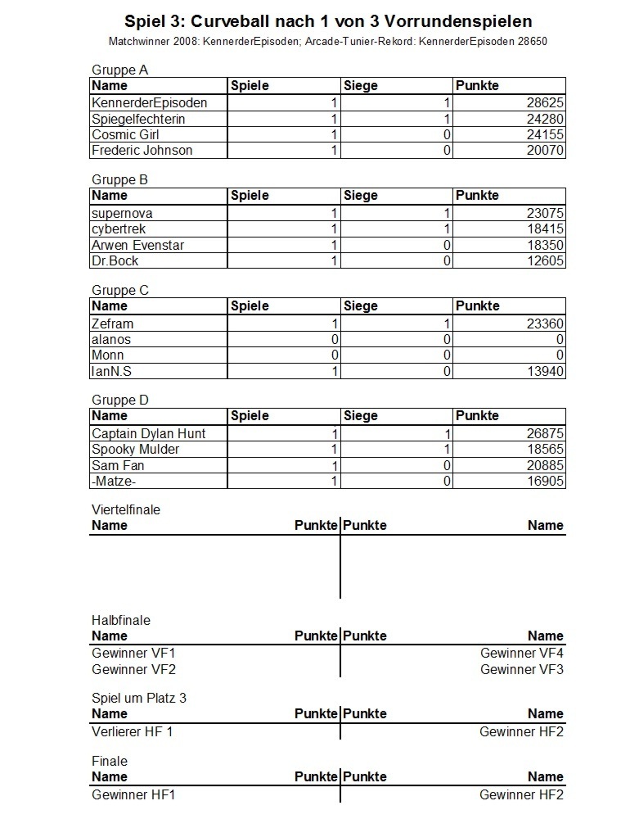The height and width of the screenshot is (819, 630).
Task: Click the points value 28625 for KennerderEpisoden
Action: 544,103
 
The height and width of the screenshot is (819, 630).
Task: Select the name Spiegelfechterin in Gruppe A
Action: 138,119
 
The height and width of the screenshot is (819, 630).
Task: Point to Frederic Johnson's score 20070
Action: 544,151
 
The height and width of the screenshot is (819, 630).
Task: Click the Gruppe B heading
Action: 119,179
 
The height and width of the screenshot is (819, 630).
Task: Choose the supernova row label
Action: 122,214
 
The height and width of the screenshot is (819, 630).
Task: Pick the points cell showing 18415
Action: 544,229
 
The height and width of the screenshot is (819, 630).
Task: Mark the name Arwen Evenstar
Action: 137,245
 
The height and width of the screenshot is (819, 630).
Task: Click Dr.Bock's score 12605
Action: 544,261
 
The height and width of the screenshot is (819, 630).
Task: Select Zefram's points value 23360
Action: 544,324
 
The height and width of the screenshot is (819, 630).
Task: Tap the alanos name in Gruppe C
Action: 111,340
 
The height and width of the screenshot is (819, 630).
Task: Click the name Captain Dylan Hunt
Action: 148,434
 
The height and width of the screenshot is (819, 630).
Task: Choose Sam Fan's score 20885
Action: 544,466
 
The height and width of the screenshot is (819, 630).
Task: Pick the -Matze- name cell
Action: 114,482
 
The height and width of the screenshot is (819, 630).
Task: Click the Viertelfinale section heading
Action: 126,509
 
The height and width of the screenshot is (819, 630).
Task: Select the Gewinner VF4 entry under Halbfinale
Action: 521,654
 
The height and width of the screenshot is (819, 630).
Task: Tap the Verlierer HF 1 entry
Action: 133,732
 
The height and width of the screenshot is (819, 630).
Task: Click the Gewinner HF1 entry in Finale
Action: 133,795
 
